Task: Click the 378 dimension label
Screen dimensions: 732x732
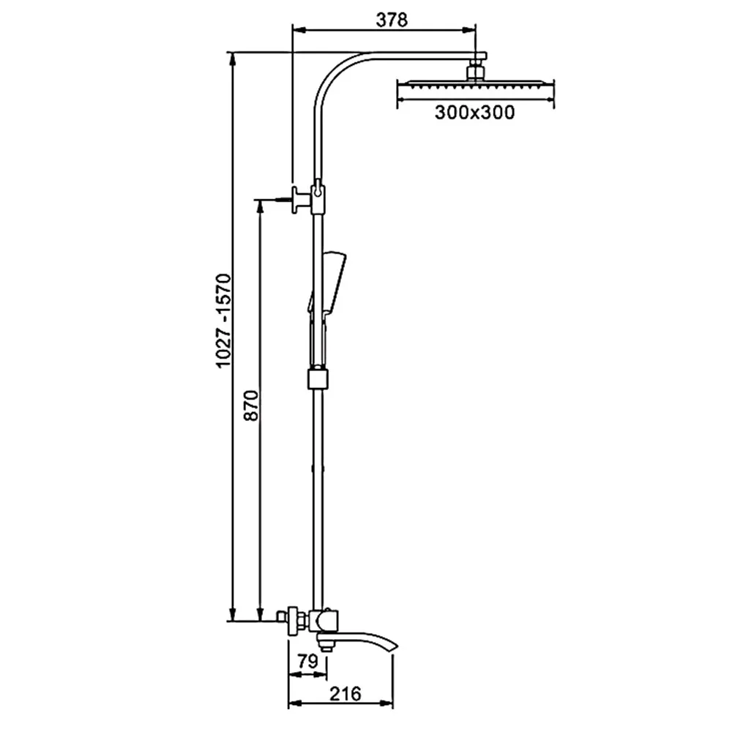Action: [392, 20]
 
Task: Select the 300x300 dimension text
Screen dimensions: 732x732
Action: [475, 113]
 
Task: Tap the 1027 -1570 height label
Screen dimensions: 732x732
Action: [223, 321]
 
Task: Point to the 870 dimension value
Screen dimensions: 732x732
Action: [251, 406]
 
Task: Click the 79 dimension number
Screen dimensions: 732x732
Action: [307, 661]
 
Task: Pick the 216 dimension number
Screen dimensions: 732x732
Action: [346, 694]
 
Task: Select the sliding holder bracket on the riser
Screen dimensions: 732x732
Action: [318, 378]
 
